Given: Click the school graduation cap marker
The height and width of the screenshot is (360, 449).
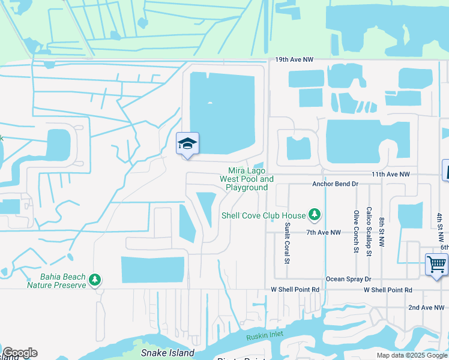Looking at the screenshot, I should coord(187,143).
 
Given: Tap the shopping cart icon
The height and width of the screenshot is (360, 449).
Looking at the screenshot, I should coord(436,264).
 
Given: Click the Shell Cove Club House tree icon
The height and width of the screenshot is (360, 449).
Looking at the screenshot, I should coord(314,214).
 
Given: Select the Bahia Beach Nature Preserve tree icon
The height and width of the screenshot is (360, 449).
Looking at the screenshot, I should coord(94,280).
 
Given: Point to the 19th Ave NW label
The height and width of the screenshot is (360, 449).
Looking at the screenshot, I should coord(295,60).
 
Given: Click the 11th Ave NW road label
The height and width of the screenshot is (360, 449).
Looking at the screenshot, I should coord(390,174).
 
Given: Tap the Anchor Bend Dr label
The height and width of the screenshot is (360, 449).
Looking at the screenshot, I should coord(335,184).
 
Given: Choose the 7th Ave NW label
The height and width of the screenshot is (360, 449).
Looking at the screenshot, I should coord(323,232).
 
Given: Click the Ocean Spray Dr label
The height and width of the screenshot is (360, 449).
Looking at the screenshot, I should coord(348,279).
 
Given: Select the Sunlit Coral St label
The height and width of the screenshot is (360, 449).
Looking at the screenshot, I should coord(287,242).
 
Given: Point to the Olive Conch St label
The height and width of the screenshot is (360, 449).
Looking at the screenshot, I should coord(356,232).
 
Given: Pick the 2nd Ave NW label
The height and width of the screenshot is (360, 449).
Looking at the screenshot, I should coord(429,308).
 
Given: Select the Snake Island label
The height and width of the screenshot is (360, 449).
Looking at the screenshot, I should coord(167,352).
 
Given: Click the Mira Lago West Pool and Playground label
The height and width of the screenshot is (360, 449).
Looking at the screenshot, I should coord(247,179).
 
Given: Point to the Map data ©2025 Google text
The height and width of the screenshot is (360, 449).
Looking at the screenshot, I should coord(411,356).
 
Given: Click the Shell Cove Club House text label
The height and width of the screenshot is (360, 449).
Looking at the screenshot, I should coord(264,215).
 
